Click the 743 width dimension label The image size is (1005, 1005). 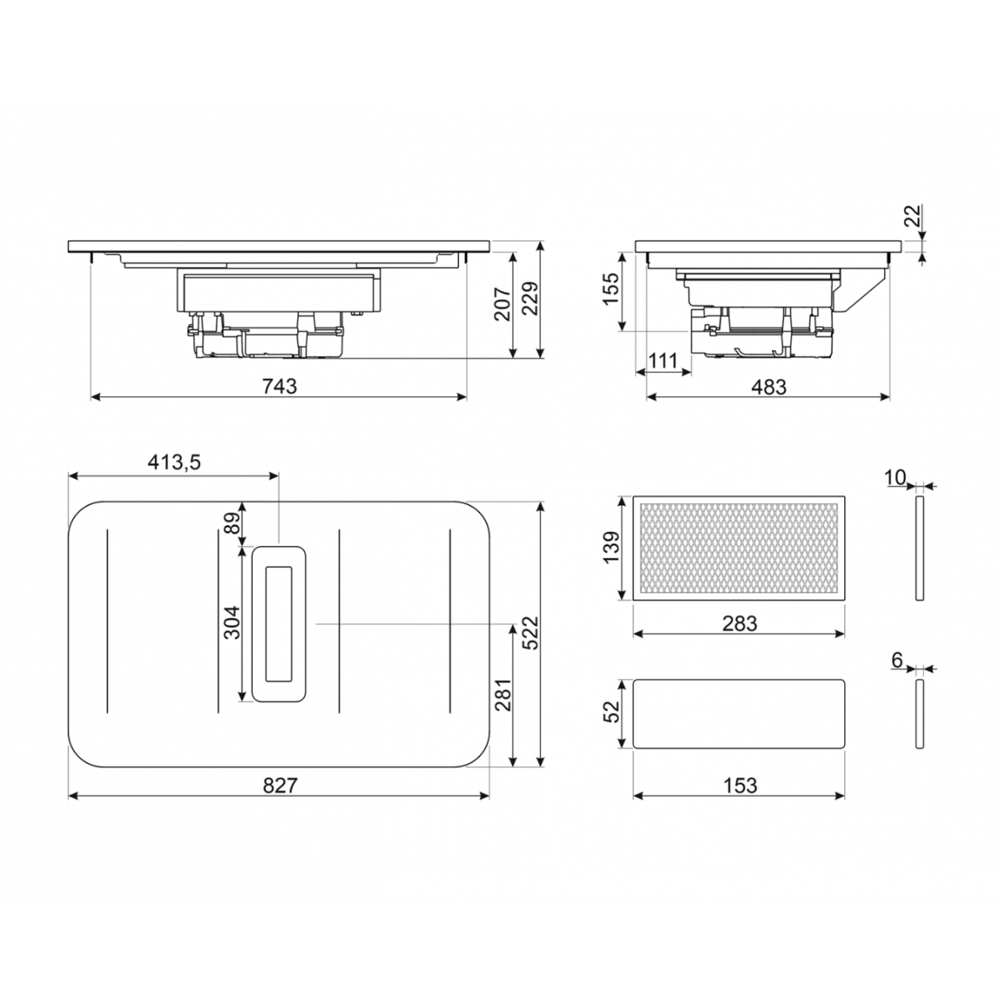point(279,386)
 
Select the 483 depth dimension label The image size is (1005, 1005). point(768,386)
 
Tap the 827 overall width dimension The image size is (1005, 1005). point(279,785)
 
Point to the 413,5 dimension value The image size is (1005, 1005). point(175,462)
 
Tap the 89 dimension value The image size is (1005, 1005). point(232,523)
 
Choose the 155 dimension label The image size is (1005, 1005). point(611,289)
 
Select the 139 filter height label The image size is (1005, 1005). point(611,548)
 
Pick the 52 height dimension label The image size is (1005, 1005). point(611,713)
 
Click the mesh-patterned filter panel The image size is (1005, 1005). point(739,549)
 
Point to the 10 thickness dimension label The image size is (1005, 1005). point(894,477)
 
